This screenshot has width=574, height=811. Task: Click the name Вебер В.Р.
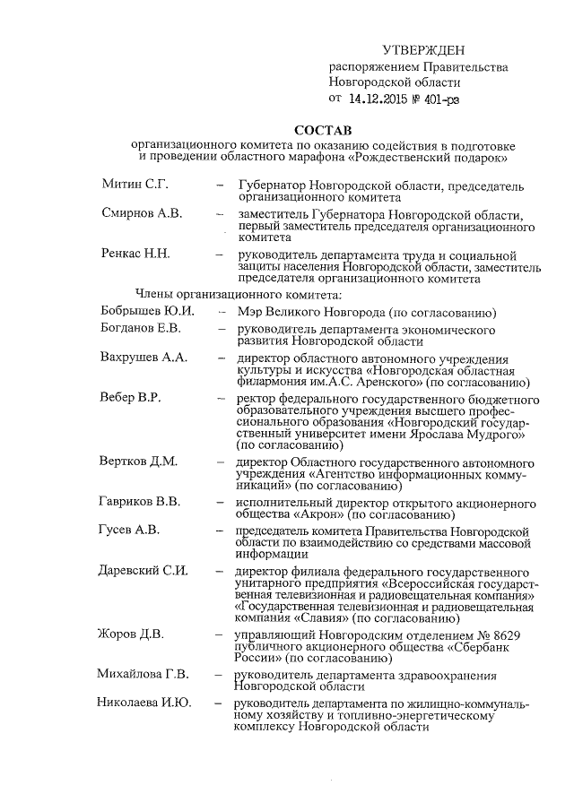(x=131, y=397)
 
